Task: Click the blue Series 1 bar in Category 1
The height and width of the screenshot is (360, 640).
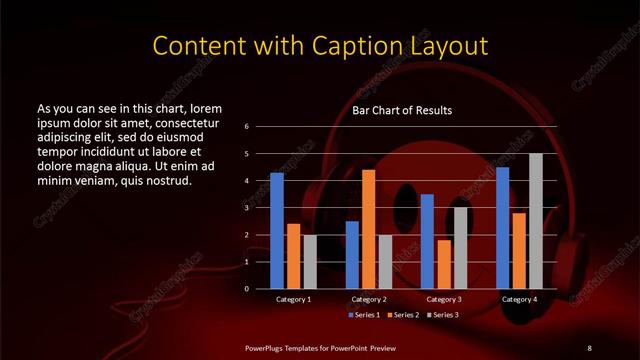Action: pos(277,230)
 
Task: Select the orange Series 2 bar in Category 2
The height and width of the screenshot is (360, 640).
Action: pos(369,228)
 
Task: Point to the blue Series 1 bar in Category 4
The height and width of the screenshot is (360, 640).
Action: pos(503,227)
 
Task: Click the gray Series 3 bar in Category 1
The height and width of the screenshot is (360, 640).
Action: pos(310,261)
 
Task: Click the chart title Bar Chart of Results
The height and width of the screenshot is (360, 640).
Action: pos(402,110)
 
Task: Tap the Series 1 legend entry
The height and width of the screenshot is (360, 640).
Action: pos(364,315)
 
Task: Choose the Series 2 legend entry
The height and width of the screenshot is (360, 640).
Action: pos(402,315)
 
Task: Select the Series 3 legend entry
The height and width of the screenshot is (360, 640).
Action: pos(442,315)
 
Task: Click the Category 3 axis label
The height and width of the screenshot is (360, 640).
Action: pos(444,299)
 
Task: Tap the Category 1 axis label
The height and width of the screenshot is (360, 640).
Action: pos(294,299)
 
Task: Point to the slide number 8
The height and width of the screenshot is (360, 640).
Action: pos(589,347)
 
